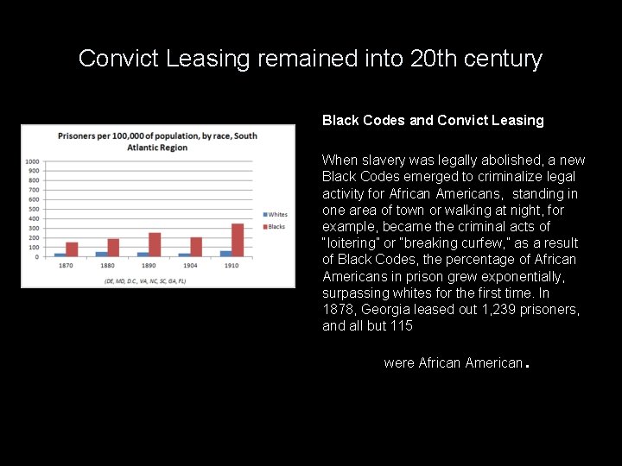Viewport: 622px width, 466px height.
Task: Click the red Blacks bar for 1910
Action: (x=238, y=240)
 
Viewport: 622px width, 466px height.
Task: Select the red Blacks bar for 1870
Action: (x=72, y=249)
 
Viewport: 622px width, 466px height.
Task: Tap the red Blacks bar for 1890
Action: (x=155, y=244)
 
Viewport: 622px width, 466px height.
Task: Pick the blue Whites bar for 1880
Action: (x=101, y=254)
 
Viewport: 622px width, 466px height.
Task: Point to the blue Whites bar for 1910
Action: (x=225, y=254)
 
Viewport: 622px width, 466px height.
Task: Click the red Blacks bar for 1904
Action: (x=196, y=247)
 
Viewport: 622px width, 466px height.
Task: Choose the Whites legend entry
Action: (x=275, y=215)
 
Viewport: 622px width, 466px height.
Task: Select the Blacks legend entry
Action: (x=275, y=227)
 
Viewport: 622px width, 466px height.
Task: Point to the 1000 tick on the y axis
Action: (x=31, y=161)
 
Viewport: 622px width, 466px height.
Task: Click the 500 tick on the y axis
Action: (x=33, y=209)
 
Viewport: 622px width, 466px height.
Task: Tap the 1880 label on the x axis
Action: (x=107, y=266)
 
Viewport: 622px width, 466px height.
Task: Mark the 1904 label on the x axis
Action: (x=190, y=266)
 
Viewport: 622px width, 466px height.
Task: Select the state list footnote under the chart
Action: (x=145, y=280)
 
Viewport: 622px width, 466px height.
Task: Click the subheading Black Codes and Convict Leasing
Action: (x=433, y=121)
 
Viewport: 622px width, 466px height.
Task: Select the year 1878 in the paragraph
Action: (x=338, y=309)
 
